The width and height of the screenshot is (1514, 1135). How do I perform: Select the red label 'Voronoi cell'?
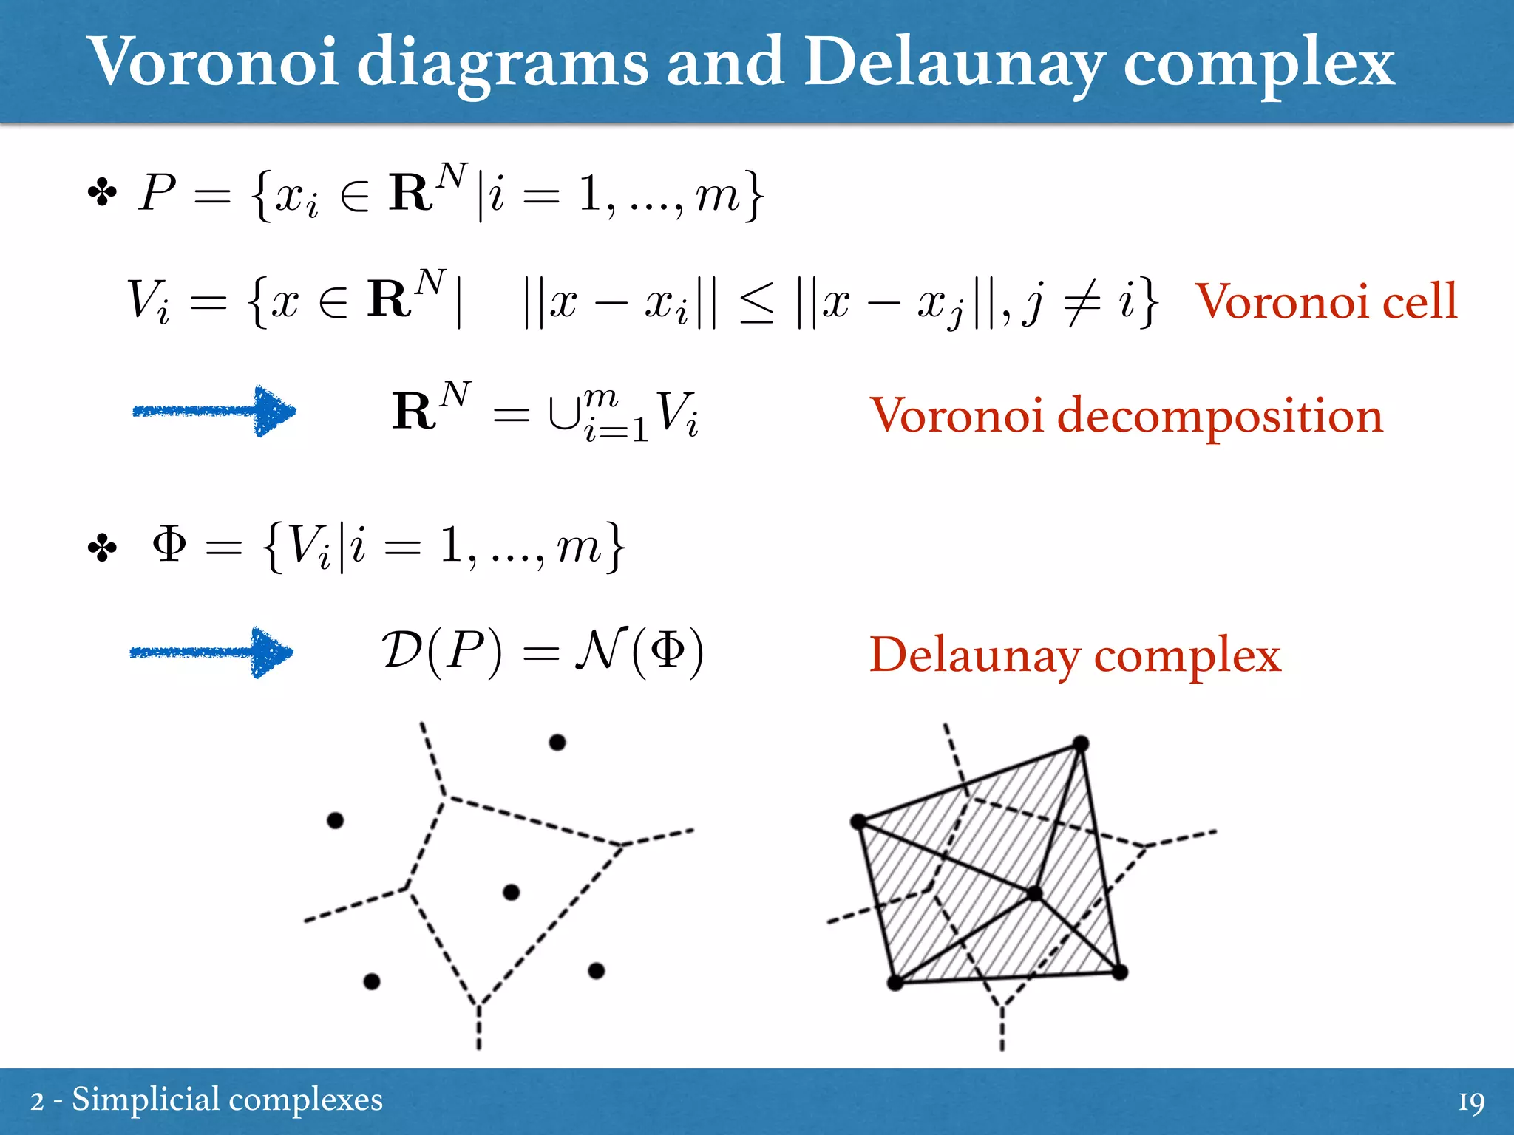pyautogui.click(x=1326, y=301)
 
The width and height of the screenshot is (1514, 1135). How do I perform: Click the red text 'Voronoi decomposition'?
pyautogui.click(x=1125, y=415)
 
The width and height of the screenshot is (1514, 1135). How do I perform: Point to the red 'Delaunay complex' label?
pyautogui.click(x=1075, y=655)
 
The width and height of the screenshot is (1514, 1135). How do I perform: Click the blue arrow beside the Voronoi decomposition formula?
pyautogui.click(x=214, y=411)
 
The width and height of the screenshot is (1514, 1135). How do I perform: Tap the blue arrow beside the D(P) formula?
pyautogui.click(x=211, y=652)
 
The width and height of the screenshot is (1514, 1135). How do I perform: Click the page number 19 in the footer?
pyautogui.click(x=1470, y=1102)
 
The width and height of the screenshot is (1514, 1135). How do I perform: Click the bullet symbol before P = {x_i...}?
pyautogui.click(x=102, y=194)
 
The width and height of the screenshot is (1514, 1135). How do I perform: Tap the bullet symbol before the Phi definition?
pyautogui.click(x=102, y=548)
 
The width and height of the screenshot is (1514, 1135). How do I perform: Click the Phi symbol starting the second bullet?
pyautogui.click(x=169, y=545)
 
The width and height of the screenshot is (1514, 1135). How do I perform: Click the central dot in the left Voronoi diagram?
pyautogui.click(x=511, y=893)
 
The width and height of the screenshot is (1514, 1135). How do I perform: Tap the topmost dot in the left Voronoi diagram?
pyautogui.click(x=557, y=742)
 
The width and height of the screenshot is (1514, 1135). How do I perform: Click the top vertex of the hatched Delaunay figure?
pyautogui.click(x=1080, y=743)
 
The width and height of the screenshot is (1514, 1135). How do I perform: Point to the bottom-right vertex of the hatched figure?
pyautogui.click(x=1119, y=972)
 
